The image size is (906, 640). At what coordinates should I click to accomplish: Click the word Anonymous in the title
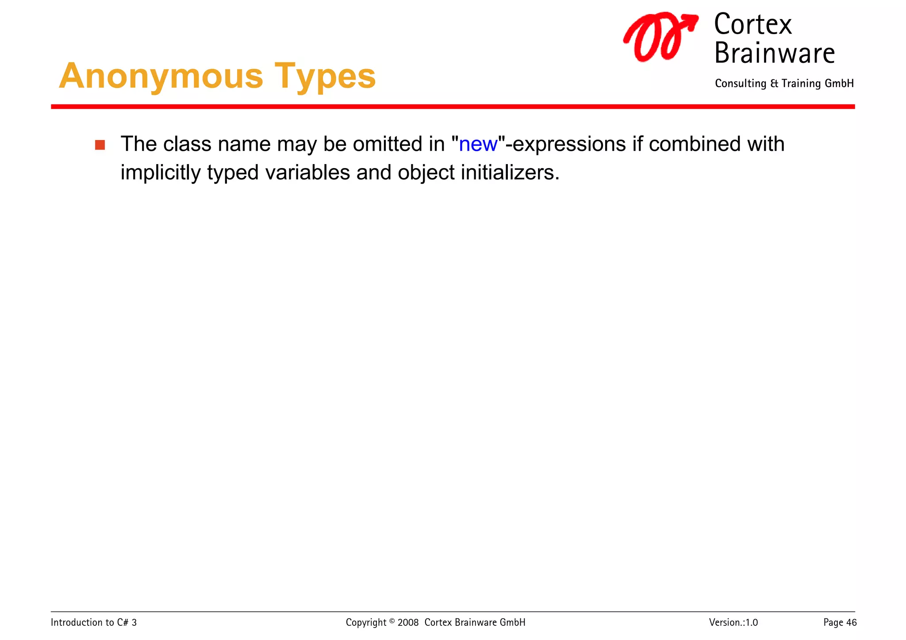(x=161, y=76)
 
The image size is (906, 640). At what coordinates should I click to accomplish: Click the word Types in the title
(x=325, y=76)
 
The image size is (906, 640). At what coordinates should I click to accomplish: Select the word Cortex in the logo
(x=752, y=24)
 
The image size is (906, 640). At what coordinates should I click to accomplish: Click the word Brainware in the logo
(x=774, y=53)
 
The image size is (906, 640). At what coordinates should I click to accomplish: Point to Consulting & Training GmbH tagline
(x=784, y=84)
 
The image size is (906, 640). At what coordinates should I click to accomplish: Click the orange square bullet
(x=100, y=145)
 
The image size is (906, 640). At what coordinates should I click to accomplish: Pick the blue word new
(x=478, y=144)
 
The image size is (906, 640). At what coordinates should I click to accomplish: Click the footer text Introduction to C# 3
(x=94, y=623)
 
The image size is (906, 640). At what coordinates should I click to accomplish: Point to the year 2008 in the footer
(x=408, y=623)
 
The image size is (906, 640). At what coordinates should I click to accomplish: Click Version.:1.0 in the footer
(x=733, y=623)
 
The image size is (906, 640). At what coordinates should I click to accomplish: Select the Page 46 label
(x=840, y=623)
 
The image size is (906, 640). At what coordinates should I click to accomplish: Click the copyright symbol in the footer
(x=392, y=621)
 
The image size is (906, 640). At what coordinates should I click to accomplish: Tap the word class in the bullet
(x=187, y=144)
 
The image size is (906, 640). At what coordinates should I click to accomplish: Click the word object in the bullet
(x=426, y=172)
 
